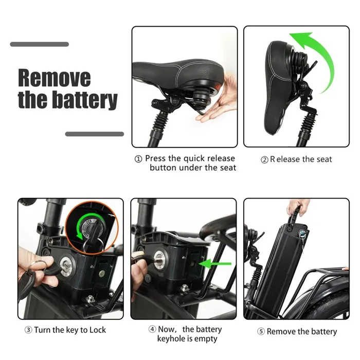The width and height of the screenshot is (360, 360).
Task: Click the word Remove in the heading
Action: click(54, 78)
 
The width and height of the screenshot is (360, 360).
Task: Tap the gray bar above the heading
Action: click(39, 44)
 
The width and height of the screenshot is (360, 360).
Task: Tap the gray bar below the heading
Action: click(94, 134)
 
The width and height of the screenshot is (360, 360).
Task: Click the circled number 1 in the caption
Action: click(138, 159)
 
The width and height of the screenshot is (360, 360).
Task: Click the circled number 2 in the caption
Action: click(264, 160)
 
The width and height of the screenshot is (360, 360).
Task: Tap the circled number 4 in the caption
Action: click(152, 330)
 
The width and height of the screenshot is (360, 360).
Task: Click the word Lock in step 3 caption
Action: click(98, 330)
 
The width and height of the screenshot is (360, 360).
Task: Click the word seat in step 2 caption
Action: click(323, 159)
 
